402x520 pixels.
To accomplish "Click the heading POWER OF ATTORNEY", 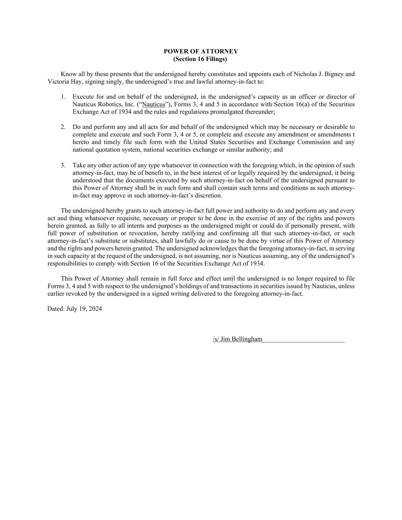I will click(x=201, y=51).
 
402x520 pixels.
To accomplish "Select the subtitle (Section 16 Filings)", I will click(x=201, y=59).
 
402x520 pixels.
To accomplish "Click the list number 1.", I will click(x=63, y=97).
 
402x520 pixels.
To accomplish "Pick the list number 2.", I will click(x=63, y=127).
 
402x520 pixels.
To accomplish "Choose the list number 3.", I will click(x=63, y=165).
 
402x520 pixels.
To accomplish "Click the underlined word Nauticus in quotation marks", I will click(x=154, y=104).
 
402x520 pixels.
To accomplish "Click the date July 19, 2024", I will click(x=84, y=309).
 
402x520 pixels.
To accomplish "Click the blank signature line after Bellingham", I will click(x=304, y=340).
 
